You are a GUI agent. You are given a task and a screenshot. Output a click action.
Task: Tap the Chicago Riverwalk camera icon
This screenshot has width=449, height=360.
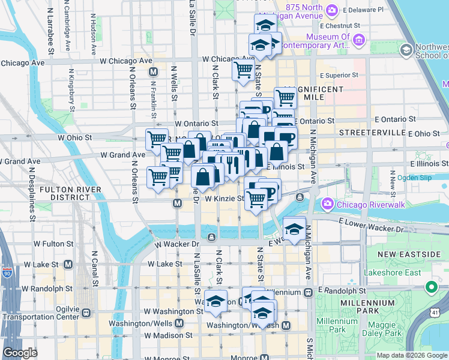tap(327, 204)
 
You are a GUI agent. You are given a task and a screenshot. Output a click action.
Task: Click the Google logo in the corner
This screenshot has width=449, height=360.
tap(20, 353)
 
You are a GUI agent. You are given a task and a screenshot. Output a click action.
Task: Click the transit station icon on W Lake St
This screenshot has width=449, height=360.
tap(68, 264)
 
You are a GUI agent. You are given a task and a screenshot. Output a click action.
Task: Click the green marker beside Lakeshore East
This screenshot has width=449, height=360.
tap(430, 288)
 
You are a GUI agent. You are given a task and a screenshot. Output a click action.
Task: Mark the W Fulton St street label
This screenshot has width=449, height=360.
tap(53, 244)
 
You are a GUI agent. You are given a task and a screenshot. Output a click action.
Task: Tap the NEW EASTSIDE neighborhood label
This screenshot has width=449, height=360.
tap(409, 254)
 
